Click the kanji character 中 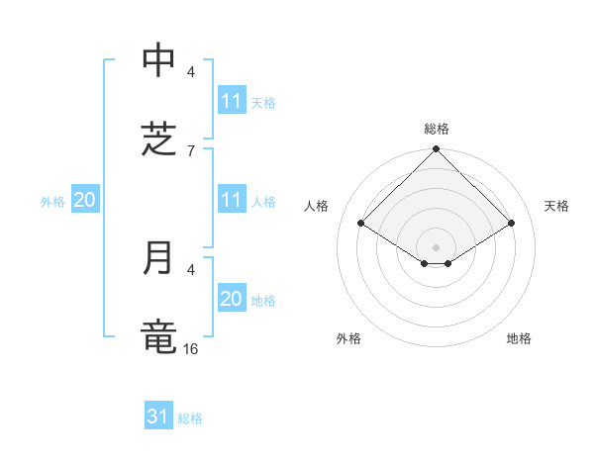pos(158,61)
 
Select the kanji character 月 pos(158,258)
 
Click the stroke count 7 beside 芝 pos(191,150)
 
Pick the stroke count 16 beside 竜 pos(191,348)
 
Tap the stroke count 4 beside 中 pos(191,71)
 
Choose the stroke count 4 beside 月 pos(191,268)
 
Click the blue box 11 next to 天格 pos(232,101)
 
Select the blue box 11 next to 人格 pos(232,200)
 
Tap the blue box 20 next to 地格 pos(232,299)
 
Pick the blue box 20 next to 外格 pos(85,200)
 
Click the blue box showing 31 pos(158,417)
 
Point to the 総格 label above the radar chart pos(437,129)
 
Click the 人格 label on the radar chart pos(317,206)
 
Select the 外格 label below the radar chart pos(348,338)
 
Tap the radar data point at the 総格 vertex pos(437,150)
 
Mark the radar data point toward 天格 pos(512,224)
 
